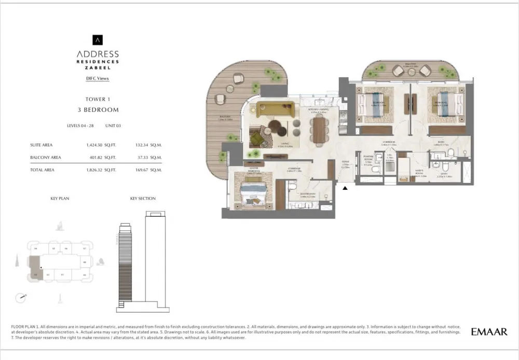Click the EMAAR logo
[x=489, y=331]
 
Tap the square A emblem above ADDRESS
[x=98, y=39]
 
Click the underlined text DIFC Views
[x=98, y=78]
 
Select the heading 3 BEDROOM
[x=98, y=110]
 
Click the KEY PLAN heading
[x=60, y=199]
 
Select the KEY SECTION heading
[x=143, y=199]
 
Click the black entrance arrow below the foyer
[x=344, y=188]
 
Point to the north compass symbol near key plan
[x=21, y=297]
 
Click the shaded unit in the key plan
[x=36, y=271]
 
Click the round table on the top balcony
[x=411, y=71]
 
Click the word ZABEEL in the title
[x=98, y=67]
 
